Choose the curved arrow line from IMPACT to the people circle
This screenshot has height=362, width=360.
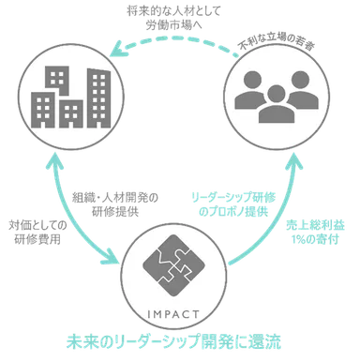(281, 225)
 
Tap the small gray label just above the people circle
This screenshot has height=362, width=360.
(271, 38)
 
